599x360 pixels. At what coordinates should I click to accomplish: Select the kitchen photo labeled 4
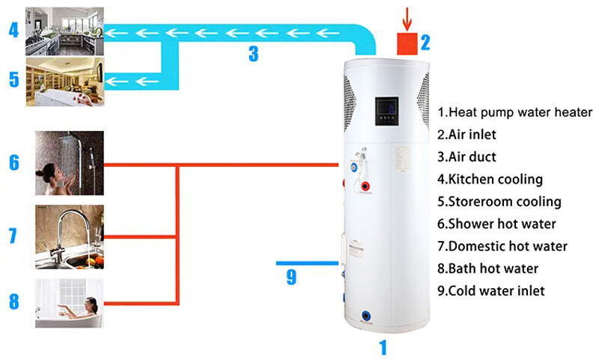coord(65,31)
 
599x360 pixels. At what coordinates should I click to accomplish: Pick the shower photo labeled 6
coord(69,163)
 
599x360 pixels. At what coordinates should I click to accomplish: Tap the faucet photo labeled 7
coord(69,237)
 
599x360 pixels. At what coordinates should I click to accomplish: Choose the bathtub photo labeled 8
coord(69,302)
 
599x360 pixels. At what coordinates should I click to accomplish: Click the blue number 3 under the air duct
coord(253,54)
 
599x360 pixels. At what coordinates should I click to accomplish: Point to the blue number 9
coord(291,278)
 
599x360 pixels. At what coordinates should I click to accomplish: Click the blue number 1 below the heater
coord(383,348)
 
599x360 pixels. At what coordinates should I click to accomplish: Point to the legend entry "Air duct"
coord(472,157)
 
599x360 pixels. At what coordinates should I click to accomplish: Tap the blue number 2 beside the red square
coord(425,42)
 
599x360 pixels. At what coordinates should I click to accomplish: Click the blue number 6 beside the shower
coord(13,162)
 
